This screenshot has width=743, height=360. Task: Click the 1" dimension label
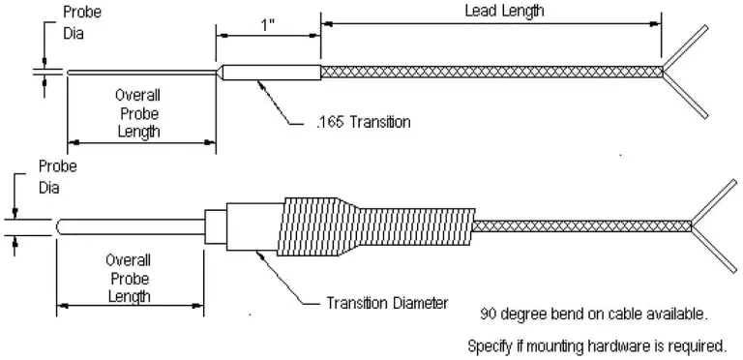268,24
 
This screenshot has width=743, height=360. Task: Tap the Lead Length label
504,11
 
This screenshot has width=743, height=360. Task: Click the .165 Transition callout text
363,122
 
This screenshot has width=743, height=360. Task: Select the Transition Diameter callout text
387,303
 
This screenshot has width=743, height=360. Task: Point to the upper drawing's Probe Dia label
82,22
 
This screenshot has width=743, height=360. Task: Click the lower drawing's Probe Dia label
57,177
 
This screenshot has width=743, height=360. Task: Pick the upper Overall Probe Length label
138,113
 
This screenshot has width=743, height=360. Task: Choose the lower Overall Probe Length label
129,278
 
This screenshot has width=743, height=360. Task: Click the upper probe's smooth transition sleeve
271,73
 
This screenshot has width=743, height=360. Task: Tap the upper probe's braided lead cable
491,72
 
